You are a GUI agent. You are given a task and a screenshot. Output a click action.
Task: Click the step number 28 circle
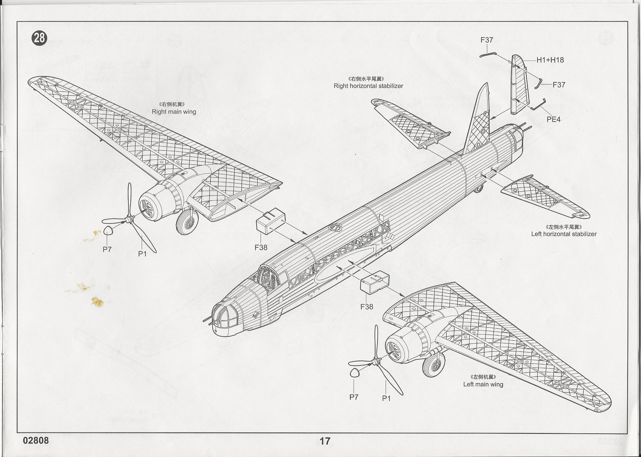click(x=39, y=38)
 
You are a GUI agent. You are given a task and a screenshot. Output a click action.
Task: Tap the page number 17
click(x=325, y=441)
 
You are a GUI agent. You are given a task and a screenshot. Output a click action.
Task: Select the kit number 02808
click(x=36, y=440)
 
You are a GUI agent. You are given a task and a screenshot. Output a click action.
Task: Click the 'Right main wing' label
click(x=174, y=111)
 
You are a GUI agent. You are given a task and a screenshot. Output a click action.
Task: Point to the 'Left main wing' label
click(x=483, y=384)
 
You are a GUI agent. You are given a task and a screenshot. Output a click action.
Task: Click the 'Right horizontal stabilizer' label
click(x=368, y=86)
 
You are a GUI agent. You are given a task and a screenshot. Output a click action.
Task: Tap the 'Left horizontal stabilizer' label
click(x=564, y=234)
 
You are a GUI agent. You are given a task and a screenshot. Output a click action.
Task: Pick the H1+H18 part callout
click(x=550, y=60)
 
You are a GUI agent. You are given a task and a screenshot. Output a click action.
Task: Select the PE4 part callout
click(x=553, y=119)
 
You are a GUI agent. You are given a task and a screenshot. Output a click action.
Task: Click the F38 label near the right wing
click(x=261, y=248)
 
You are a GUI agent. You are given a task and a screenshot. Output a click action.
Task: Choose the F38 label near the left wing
click(x=366, y=307)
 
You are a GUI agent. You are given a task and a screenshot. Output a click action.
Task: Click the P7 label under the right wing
click(x=107, y=249)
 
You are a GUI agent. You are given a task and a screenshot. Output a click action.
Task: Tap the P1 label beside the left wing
click(x=386, y=398)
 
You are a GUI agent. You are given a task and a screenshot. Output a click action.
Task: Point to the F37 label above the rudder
click(x=487, y=40)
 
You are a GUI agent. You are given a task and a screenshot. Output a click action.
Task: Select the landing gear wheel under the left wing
click(x=433, y=365)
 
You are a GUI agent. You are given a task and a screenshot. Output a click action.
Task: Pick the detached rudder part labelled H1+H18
click(x=519, y=85)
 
